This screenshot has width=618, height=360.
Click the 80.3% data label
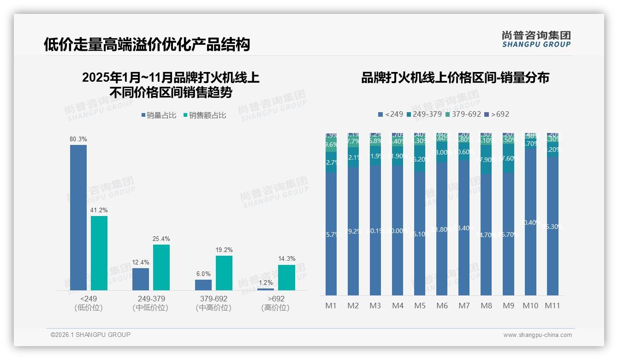pyautogui.click(x=78, y=139)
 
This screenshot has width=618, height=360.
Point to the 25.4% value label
pyautogui.click(x=161, y=239)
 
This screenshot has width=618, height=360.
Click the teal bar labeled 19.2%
pyautogui.click(x=224, y=273)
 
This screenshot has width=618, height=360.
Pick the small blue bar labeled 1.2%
pyautogui.click(x=266, y=289)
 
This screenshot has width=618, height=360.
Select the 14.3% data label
pyautogui.click(x=287, y=258)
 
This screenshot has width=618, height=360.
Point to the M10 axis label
pyautogui.click(x=530, y=306)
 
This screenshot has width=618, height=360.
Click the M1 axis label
pyautogui.click(x=331, y=306)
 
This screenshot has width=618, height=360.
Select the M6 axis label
pyautogui.click(x=442, y=306)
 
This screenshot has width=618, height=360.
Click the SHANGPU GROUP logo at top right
pyautogui.click(x=536, y=39)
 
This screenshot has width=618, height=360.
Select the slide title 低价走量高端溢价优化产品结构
pyautogui.click(x=147, y=44)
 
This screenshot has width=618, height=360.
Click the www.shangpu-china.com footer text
pyautogui.click(x=537, y=335)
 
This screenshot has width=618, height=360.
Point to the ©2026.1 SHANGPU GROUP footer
pyautogui.click(x=90, y=335)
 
